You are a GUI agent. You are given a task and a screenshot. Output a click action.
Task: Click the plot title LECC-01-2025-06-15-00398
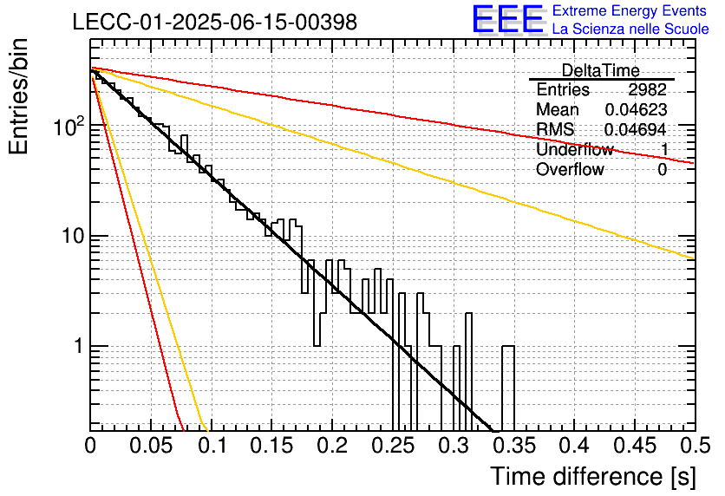214,22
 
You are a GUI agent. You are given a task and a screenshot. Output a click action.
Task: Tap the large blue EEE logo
508,19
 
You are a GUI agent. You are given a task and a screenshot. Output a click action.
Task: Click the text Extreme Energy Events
630,10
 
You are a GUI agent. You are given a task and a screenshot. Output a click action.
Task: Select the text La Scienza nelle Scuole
630,29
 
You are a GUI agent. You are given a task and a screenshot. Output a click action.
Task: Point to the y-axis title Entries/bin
18,96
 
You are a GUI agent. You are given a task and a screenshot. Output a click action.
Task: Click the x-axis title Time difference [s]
593,476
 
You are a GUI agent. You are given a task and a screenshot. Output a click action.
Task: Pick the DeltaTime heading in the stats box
601,70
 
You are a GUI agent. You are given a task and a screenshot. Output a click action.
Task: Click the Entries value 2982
647,89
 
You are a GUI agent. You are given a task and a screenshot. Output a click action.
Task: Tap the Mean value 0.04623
636,109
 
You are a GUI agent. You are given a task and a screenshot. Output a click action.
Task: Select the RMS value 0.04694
636,129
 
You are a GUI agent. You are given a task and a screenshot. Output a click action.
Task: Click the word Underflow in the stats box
575,149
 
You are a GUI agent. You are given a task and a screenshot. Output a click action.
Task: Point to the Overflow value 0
662,170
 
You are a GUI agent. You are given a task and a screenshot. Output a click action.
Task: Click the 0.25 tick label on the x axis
393,446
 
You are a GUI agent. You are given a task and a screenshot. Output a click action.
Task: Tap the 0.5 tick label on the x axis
695,446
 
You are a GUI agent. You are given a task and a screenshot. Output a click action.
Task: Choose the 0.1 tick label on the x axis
212,446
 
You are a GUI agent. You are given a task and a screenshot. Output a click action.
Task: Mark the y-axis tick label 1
79,346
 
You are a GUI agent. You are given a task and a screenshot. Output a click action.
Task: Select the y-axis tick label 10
74,236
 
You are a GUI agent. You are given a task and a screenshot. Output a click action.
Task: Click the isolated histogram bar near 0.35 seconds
508,388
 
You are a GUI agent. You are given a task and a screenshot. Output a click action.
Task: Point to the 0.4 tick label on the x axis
574,446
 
